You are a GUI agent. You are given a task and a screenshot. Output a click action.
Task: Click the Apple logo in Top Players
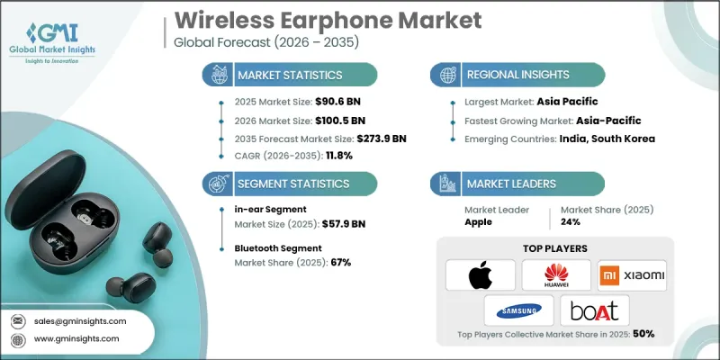tap(481, 274)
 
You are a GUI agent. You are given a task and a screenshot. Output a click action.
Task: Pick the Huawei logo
tap(555, 274)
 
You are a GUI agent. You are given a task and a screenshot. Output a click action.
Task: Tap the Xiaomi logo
tap(632, 274)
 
